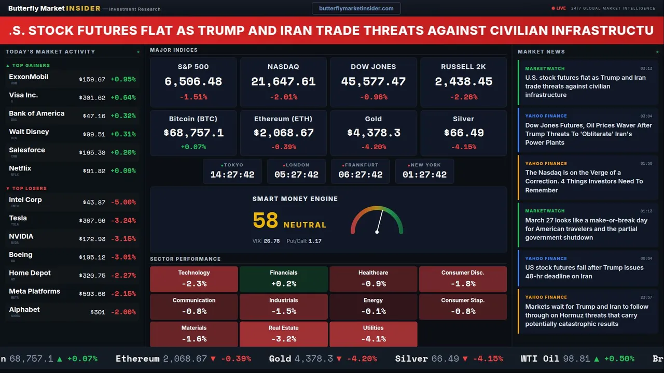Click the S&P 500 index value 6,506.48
(193, 81)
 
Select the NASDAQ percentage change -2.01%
(283, 97)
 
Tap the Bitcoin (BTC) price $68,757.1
(193, 133)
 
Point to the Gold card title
(373, 119)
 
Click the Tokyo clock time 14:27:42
(232, 175)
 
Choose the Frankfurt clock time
(361, 175)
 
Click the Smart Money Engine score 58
(266, 221)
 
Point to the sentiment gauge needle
(379, 221)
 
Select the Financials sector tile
(283, 279)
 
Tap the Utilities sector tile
(373, 334)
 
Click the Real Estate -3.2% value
(283, 339)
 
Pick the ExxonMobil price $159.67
(92, 79)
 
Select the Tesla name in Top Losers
(18, 218)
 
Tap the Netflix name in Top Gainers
(20, 168)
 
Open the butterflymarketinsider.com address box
(356, 8)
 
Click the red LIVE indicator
(559, 8)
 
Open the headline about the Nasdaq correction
(584, 181)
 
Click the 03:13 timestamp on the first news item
(646, 68)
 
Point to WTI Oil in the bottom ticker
(540, 358)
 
